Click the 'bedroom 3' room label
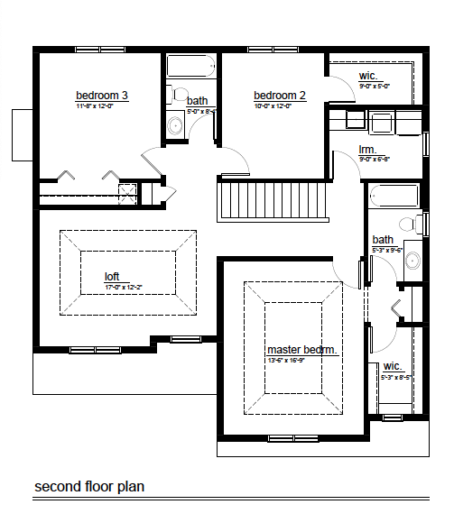click(101, 95)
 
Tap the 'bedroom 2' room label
click(279, 96)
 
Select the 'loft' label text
click(112, 277)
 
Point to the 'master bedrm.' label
click(301, 349)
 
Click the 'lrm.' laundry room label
click(367, 150)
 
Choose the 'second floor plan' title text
click(89, 487)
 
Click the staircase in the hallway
click(271, 199)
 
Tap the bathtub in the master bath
click(394, 196)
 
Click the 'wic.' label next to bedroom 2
click(368, 77)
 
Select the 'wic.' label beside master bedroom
click(392, 366)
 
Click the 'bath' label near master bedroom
click(383, 240)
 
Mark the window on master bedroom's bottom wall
click(292, 438)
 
